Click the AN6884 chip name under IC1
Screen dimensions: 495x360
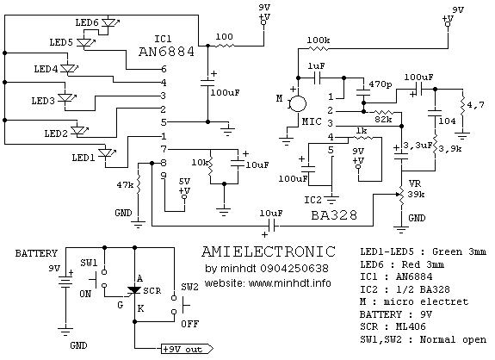[x=166, y=52]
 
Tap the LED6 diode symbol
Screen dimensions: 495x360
[x=109, y=23]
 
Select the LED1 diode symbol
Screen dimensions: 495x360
[x=105, y=153]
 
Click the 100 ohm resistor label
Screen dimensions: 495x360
[x=225, y=37]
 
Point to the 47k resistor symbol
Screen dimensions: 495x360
[x=139, y=183]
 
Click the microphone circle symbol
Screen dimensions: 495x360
[x=298, y=103]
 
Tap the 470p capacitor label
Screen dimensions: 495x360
[x=381, y=84]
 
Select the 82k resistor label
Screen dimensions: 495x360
[x=383, y=120]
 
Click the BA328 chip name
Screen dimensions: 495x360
[x=334, y=215]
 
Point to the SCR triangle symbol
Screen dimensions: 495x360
[x=135, y=290]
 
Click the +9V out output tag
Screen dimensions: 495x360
[x=187, y=350]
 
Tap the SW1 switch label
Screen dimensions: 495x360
[x=89, y=263]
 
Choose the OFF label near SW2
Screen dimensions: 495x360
[x=189, y=324]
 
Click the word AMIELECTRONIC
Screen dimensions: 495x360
[x=269, y=251]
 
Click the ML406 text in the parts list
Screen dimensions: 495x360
[x=411, y=326]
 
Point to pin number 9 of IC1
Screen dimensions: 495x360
[x=164, y=177]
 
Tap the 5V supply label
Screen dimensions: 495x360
[x=184, y=182]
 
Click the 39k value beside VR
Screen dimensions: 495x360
[x=416, y=195]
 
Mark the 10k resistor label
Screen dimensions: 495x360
[x=200, y=163]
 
